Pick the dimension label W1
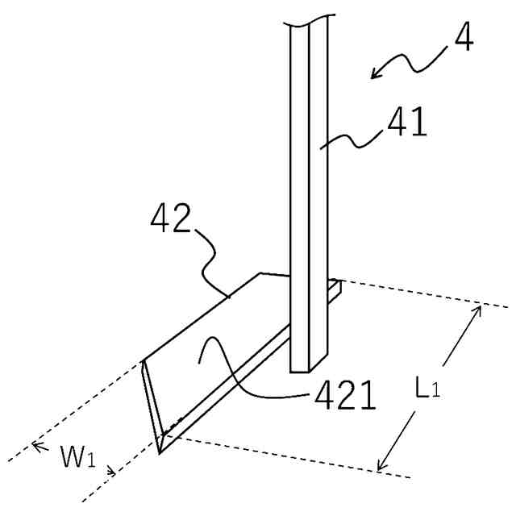[x=77, y=459]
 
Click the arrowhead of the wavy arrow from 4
[x=373, y=77]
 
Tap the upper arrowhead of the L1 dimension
[x=477, y=309]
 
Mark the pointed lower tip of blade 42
[x=160, y=451]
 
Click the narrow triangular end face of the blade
[x=153, y=403]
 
